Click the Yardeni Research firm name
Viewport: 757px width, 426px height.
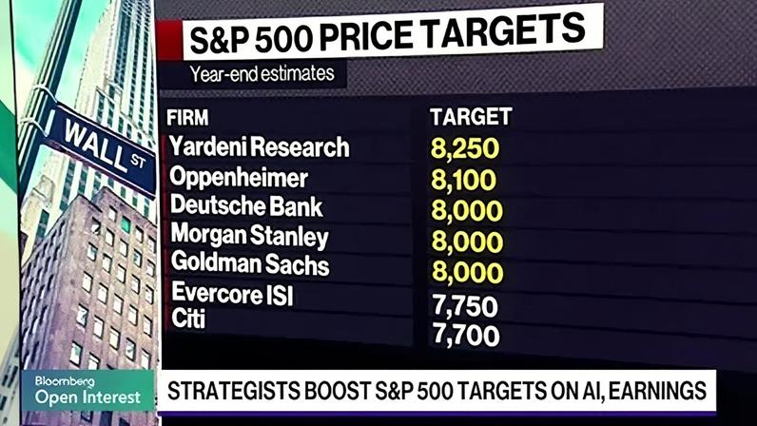click(x=259, y=146)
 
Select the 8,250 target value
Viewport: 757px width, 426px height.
click(x=465, y=148)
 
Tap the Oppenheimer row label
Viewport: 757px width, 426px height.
click(x=239, y=177)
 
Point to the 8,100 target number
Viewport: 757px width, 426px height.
click(x=463, y=180)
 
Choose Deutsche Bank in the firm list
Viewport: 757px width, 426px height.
click(x=246, y=205)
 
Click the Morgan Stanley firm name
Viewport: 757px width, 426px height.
click(x=249, y=236)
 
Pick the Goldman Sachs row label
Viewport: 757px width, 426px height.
click(x=250, y=263)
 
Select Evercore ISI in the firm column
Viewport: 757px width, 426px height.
click(x=232, y=293)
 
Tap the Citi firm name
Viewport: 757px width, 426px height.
click(x=188, y=319)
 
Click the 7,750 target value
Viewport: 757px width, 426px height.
click(x=465, y=306)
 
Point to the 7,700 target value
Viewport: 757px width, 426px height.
click(x=466, y=336)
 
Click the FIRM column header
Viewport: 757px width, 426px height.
click(x=187, y=118)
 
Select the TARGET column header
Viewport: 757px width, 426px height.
click(x=471, y=117)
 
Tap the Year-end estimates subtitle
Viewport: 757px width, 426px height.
click(x=262, y=74)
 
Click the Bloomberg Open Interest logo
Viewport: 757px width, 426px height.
click(x=87, y=390)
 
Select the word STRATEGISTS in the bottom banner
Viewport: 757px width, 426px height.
click(x=233, y=391)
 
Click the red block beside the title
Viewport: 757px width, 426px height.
click(x=169, y=41)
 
